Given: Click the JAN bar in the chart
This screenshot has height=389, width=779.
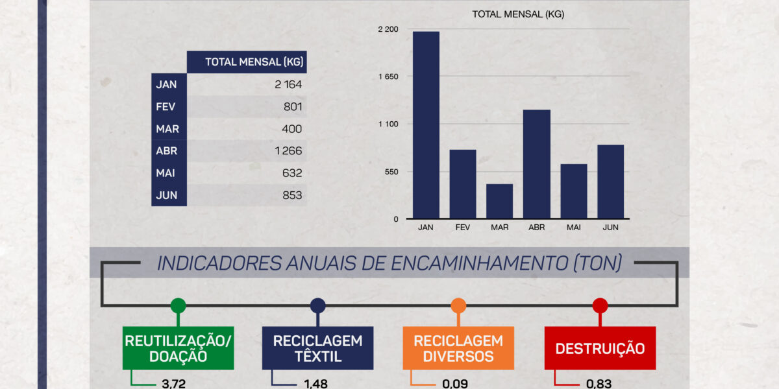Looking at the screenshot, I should point(426,125).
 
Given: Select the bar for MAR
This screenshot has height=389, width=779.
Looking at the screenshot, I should point(499,202).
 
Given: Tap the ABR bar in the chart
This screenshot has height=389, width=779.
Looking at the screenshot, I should point(536,164).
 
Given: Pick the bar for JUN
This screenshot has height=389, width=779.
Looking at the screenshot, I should point(610,182).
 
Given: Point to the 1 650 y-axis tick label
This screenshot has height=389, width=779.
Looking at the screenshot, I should point(388,77).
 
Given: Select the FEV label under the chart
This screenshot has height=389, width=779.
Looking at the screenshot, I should point(463,228).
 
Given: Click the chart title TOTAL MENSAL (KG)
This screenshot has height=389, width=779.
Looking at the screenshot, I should point(517,14).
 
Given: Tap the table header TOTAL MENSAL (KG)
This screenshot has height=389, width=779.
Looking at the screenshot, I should point(254,62).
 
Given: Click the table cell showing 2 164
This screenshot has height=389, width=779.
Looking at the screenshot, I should point(288,84).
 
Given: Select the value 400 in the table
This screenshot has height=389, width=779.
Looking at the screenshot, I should point(292,129).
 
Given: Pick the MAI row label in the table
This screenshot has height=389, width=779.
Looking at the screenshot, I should point(167,173).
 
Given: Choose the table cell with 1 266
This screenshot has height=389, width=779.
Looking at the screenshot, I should point(288,151).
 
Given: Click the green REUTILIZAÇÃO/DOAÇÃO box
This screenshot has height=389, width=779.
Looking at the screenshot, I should point(178,348).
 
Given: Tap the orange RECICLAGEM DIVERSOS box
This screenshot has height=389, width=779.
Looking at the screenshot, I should point(458,348).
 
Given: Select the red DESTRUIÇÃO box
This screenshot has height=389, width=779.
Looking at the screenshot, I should point(600,348).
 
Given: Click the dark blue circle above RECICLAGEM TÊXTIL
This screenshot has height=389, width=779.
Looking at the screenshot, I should point(317,305).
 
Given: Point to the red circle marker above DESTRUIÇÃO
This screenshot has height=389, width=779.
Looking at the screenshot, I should point(600,305).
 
